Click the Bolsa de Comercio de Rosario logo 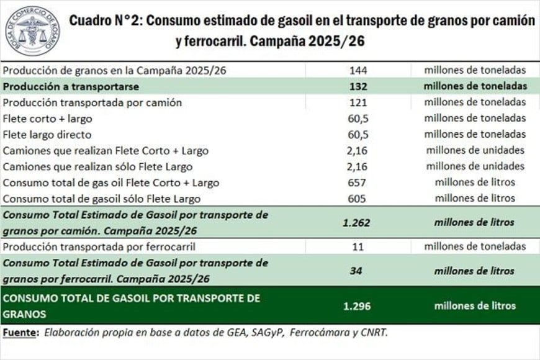[32, 31]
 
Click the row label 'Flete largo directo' [47, 135]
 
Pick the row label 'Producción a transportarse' [71, 86]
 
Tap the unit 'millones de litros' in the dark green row [475, 305]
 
